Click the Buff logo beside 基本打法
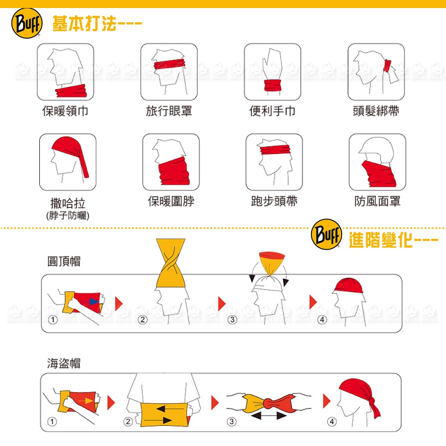[27, 23]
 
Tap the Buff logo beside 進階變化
[326, 235]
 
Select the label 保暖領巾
[65, 111]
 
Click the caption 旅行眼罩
[169, 111]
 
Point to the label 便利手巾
[273, 111]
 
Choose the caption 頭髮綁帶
[376, 111]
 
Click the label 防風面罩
[377, 201]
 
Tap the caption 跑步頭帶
[274, 201]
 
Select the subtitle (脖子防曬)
[68, 215]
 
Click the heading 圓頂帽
[64, 261]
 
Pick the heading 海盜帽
[64, 363]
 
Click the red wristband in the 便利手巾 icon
[272, 85]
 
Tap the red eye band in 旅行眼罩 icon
[169, 64]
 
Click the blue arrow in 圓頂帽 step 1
[91, 301]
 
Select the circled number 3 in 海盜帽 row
[231, 421]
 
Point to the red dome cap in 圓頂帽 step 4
[349, 285]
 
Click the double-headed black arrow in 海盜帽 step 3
[269, 416]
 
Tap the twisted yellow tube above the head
[171, 263]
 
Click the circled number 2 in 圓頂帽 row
[143, 320]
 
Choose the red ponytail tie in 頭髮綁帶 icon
[387, 66]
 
